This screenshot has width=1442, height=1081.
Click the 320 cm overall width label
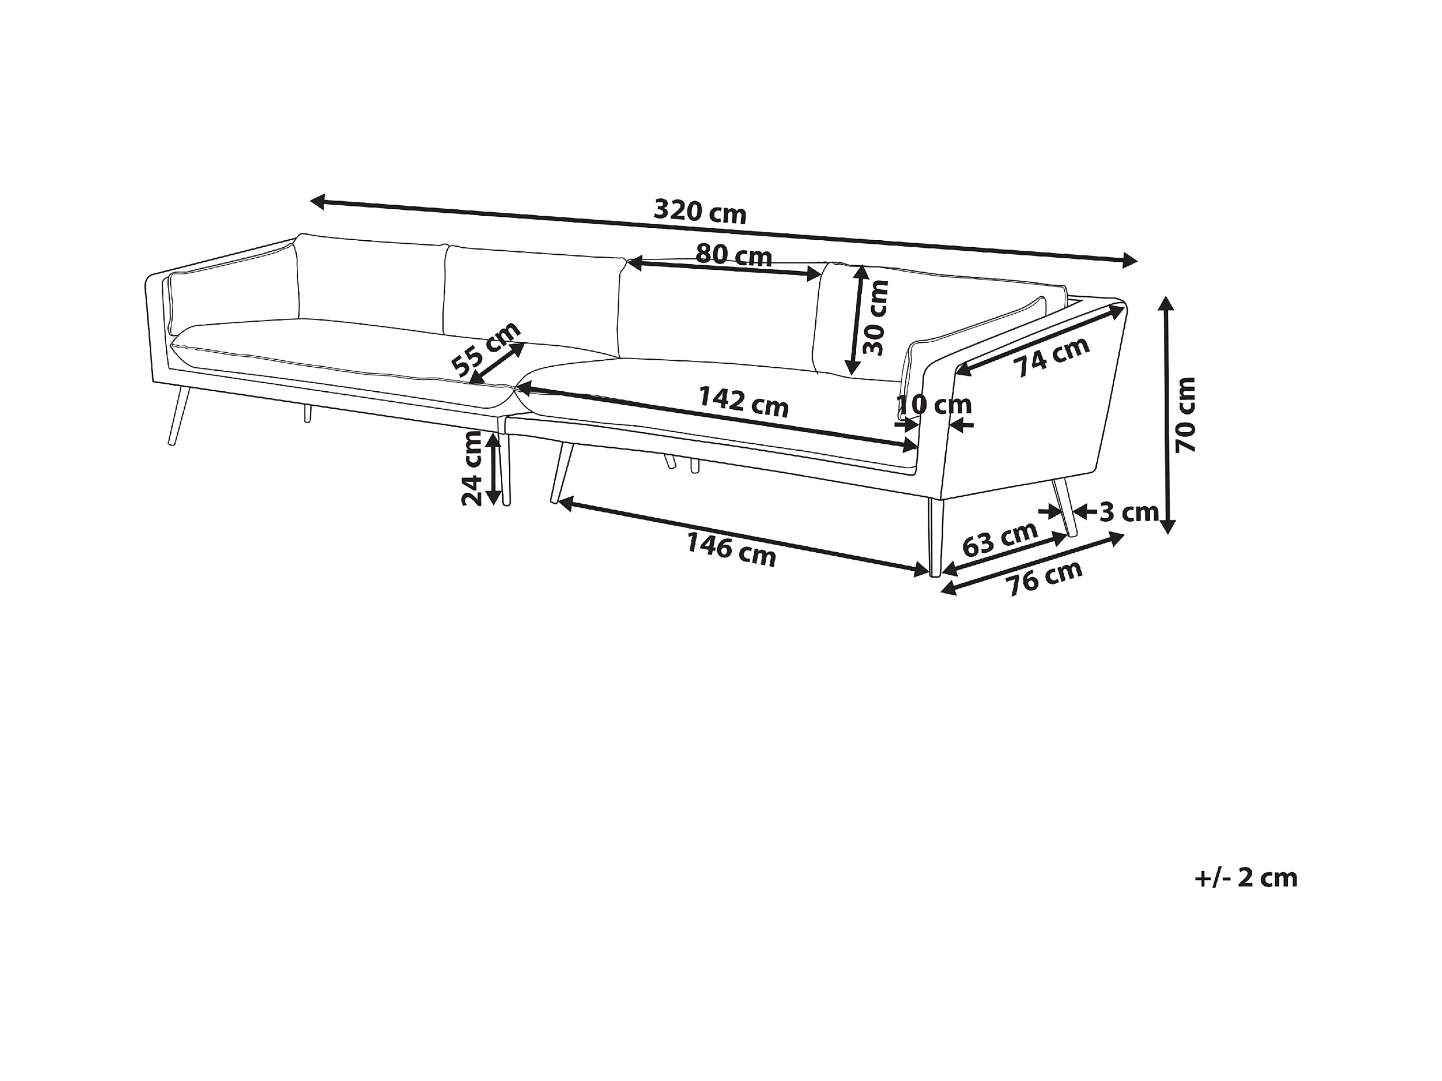point(700,211)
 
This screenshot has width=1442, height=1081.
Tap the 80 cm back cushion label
point(734,254)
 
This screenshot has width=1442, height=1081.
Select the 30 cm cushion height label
point(875,318)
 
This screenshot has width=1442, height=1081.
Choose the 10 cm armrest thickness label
point(934,405)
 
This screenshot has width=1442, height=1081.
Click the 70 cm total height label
point(1186,415)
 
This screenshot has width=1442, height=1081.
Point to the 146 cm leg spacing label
point(731,550)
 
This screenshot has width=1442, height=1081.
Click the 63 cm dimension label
point(1000,538)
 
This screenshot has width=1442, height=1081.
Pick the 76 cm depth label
point(1045,578)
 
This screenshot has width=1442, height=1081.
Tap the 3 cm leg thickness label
point(1128,513)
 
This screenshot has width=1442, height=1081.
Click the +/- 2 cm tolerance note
point(1245,878)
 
